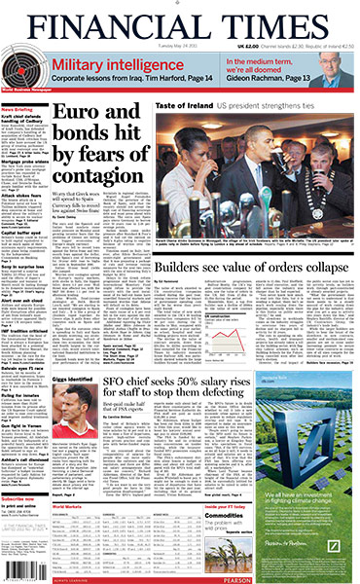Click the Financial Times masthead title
[x=180, y=19]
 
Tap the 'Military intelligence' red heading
[x=116, y=62]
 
